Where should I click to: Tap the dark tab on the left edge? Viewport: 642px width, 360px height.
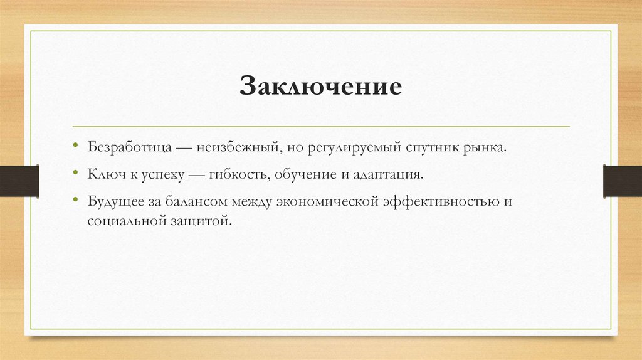click(19, 181)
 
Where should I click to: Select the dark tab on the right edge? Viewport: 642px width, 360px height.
click(622, 181)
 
